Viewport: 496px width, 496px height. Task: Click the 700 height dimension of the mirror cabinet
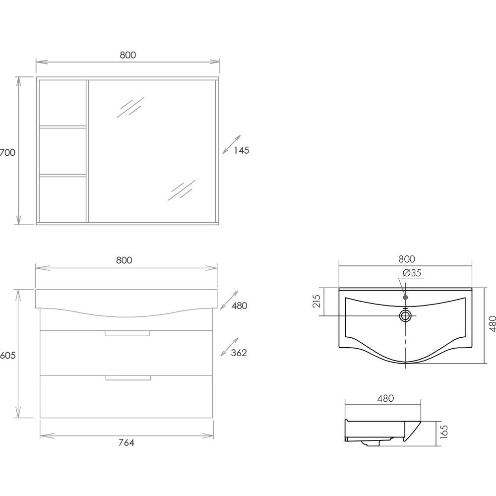tap(7, 152)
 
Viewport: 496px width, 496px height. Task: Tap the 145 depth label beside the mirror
tap(242, 150)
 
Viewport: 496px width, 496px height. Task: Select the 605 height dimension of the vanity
tap(7, 355)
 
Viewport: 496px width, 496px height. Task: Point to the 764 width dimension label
tap(126, 442)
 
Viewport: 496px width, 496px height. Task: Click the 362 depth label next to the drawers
tap(239, 353)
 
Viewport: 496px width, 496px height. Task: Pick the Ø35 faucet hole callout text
tap(412, 273)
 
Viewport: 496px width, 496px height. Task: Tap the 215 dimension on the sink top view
tap(316, 301)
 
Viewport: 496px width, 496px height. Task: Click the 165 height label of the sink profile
tap(444, 432)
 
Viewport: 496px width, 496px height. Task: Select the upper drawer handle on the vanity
tap(127, 333)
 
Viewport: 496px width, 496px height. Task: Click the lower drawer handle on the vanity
tap(128, 377)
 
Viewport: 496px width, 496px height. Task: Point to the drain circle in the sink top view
tap(405, 315)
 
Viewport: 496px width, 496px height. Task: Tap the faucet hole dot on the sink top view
tap(405, 297)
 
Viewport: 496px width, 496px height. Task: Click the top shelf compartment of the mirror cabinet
tap(62, 103)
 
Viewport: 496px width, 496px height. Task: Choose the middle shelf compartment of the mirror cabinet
tap(62, 151)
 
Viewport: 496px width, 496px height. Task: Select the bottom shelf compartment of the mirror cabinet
tap(62, 199)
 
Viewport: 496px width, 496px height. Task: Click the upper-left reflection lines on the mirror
tap(130, 107)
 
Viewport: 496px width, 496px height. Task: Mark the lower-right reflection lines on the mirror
tap(182, 190)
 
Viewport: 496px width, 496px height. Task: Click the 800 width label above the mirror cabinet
tap(128, 55)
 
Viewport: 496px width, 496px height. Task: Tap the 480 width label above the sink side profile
tap(385, 398)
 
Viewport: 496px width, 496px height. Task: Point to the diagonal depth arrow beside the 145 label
tap(232, 144)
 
